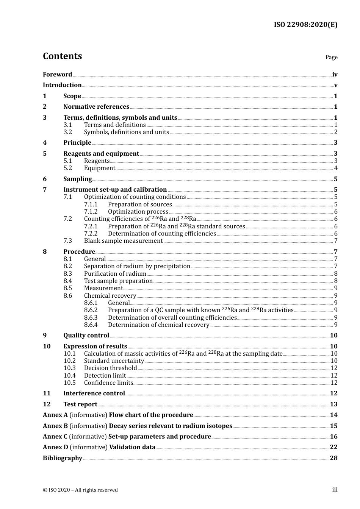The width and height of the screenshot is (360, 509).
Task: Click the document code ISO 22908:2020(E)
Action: click(305, 25)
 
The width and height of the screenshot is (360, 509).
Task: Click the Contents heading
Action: click(62, 56)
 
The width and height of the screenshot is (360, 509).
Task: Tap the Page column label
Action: click(331, 57)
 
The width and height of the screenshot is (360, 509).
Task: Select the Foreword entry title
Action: click(57, 75)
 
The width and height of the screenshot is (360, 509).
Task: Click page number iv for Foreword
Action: click(335, 75)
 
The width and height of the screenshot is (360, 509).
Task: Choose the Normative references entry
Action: click(96, 107)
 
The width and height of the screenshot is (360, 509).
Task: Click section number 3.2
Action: click(68, 132)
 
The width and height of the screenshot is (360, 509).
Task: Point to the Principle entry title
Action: click(77, 143)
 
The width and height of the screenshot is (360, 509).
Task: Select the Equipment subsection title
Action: click(99, 168)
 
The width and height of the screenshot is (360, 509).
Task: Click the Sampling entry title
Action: click(78, 179)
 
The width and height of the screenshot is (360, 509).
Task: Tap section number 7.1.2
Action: click(91, 212)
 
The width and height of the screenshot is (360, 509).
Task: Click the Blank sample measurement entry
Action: click(123, 241)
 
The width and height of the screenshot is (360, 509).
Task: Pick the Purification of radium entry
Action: click(115, 274)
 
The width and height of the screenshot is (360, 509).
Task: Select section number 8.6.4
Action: click(91, 325)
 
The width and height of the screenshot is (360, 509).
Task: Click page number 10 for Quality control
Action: click(333, 336)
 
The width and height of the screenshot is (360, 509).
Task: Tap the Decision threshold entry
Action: click(110, 368)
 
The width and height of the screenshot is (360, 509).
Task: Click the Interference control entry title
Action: click(94, 393)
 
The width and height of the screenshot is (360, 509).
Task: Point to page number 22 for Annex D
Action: click(333, 447)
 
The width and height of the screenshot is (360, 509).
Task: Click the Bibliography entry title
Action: click(63, 458)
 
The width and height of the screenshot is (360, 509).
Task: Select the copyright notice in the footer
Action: click(80, 490)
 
